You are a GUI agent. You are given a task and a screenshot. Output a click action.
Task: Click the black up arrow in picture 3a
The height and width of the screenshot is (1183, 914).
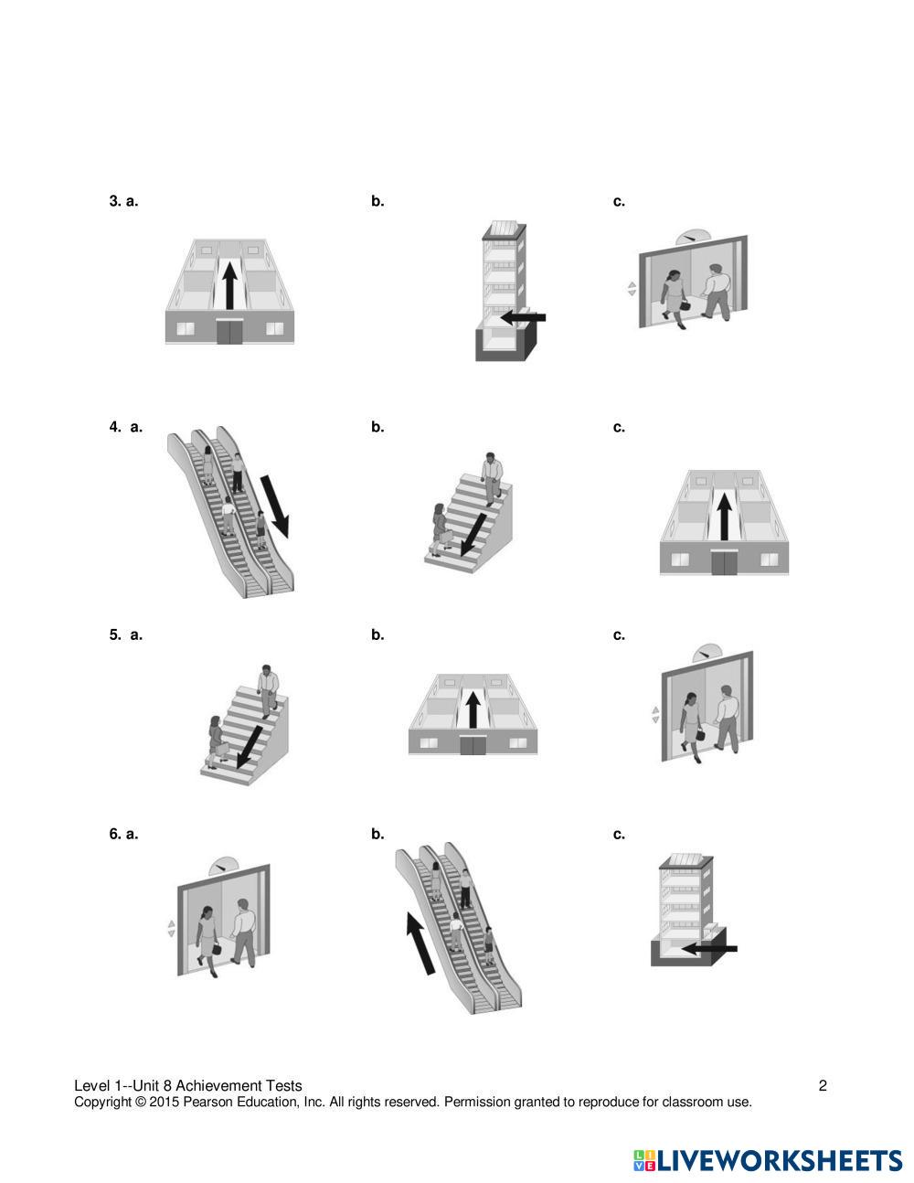point(229,285)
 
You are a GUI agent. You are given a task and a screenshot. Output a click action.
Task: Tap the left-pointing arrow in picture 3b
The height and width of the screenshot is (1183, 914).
point(523,317)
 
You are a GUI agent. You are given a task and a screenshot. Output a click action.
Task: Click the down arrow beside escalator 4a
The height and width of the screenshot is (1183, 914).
point(275,506)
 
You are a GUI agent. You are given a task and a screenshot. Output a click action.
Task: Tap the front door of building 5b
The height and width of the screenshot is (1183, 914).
point(473,746)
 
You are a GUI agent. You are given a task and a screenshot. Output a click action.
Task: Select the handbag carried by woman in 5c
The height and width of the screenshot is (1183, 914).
point(701,735)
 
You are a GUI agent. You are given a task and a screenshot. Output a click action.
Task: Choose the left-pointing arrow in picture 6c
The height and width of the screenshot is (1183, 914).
point(709,949)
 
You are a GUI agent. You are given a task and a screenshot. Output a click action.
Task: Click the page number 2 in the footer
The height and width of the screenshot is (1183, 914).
point(823,1085)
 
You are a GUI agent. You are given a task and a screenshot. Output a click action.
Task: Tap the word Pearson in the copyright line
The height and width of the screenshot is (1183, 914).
point(207,1102)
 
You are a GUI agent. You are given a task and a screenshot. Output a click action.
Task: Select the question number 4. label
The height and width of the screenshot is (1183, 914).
point(115,427)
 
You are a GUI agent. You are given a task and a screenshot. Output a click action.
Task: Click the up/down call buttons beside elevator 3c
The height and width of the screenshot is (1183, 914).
point(632,289)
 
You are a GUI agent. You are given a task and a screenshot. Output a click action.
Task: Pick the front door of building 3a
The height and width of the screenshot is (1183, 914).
point(229,332)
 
